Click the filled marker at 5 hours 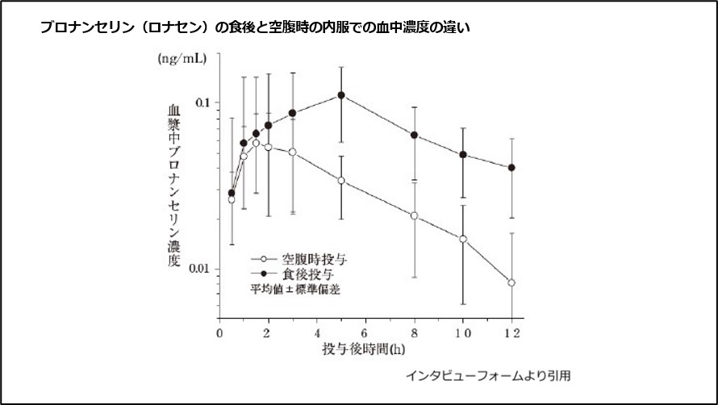point(341,95)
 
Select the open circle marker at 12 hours point(511,282)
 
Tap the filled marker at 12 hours point(511,168)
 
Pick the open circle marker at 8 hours point(415,215)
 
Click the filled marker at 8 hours point(415,135)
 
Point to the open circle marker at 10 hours point(463,239)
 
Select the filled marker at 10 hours point(463,154)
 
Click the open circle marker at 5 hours point(341,181)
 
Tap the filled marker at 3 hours point(292,113)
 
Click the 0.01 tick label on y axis point(198,269)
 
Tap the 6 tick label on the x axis point(365,332)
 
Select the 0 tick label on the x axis point(219,332)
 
